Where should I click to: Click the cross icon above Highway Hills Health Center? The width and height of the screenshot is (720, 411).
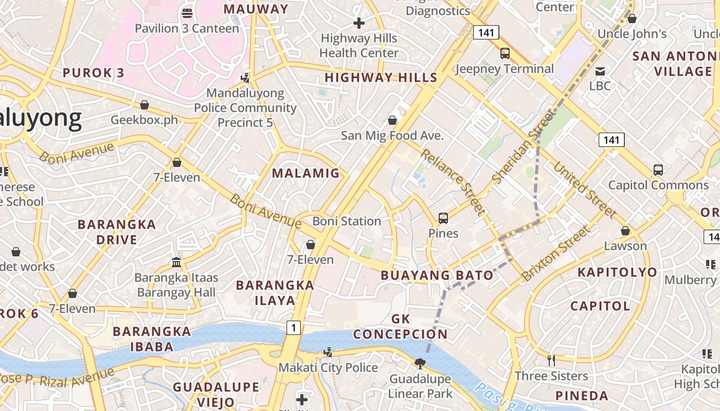(x=359, y=23)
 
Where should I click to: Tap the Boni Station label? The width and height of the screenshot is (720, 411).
(x=347, y=221)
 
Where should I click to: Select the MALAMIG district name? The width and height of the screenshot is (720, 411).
(x=306, y=173)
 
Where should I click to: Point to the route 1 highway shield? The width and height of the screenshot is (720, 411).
(x=293, y=327)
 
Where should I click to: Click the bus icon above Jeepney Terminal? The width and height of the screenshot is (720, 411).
(x=505, y=53)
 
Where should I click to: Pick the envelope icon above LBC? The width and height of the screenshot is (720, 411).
(x=600, y=71)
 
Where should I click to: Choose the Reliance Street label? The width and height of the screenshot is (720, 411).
(x=453, y=181)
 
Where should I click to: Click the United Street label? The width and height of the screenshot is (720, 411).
(x=585, y=189)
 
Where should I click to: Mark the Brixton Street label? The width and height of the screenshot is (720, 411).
(x=555, y=253)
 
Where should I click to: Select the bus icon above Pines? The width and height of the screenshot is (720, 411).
(x=443, y=218)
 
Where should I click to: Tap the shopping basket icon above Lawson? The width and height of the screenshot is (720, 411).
(x=625, y=231)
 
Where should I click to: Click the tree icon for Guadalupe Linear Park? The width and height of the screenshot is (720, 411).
(x=420, y=364)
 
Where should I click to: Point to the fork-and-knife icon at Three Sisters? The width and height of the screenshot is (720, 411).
(x=551, y=360)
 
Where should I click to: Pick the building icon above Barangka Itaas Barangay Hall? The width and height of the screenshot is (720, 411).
(x=176, y=263)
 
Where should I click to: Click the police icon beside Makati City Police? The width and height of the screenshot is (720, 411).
(x=328, y=352)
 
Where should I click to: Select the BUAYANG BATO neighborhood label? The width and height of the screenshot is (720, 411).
(x=437, y=275)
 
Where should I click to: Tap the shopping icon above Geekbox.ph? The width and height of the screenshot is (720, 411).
(x=145, y=105)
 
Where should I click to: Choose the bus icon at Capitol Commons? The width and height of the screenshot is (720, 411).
(x=658, y=170)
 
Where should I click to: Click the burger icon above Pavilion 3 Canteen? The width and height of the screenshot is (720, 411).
(x=187, y=13)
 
